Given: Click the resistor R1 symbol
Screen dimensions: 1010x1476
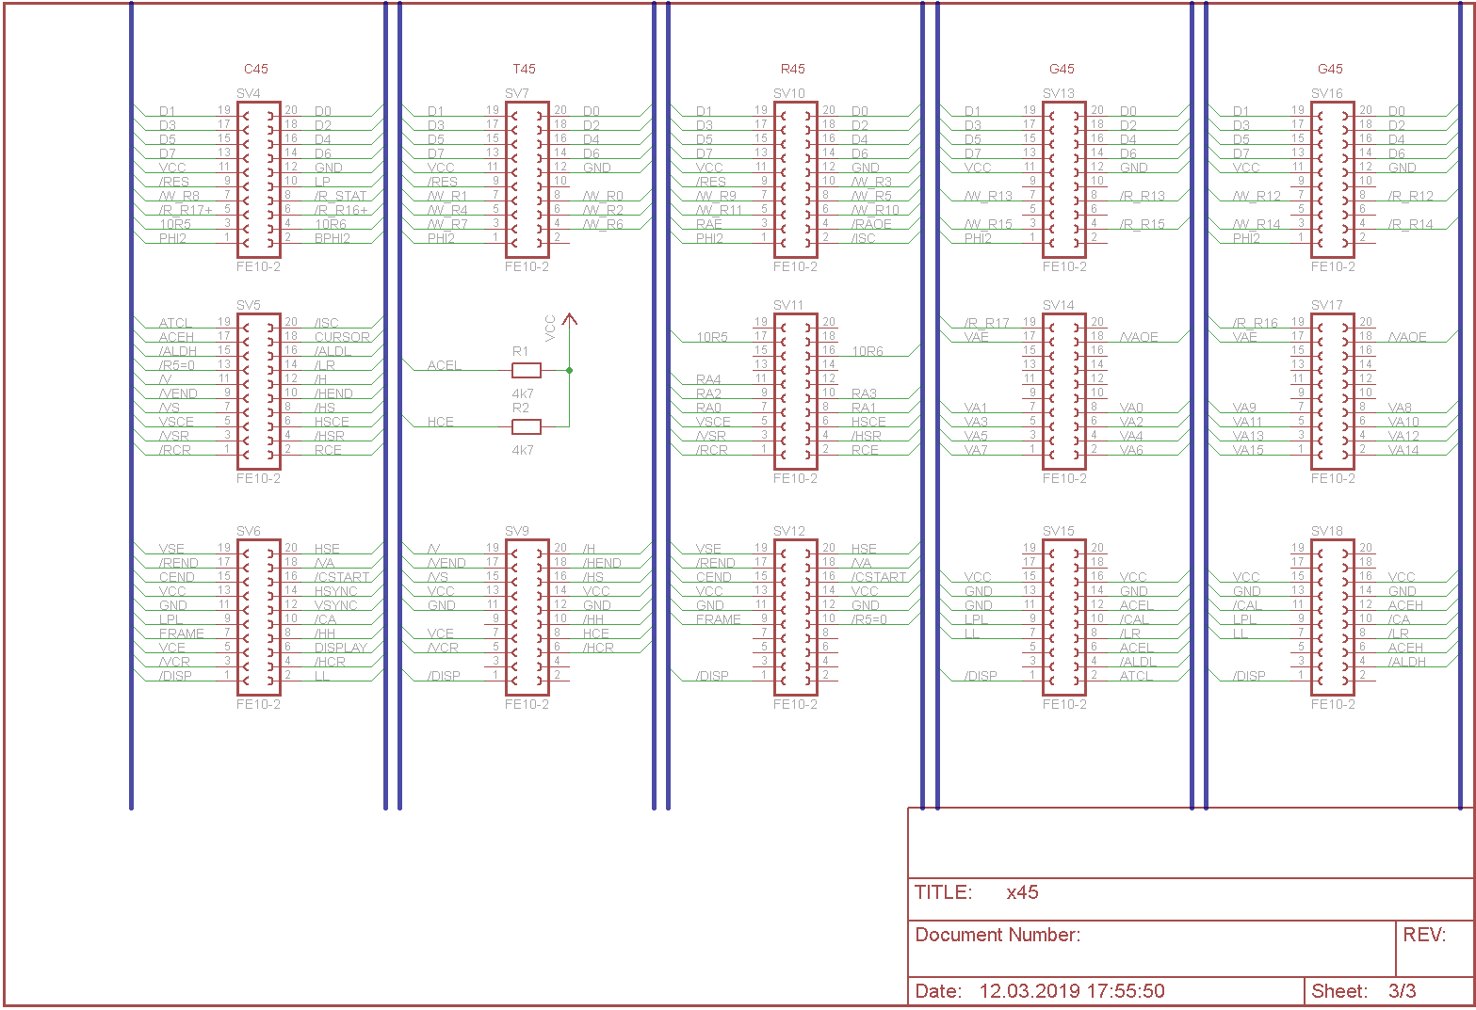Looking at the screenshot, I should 526,370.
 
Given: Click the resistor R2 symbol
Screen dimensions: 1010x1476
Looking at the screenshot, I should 526,426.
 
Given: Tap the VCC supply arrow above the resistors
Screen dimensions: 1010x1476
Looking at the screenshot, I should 569,320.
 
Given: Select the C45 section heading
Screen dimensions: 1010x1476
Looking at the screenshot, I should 255,69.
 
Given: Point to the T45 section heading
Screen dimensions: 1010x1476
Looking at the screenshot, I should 524,69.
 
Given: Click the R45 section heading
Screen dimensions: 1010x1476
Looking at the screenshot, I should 792,69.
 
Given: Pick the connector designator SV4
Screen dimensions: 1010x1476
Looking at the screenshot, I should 249,93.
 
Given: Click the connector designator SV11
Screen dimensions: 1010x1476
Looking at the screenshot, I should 788,305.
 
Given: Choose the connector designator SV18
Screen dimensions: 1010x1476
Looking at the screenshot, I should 1326,531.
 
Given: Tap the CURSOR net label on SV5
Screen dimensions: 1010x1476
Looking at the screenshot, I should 342,337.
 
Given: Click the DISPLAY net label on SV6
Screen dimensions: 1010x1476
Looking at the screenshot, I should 340,648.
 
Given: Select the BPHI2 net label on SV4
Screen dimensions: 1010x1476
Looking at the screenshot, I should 332,238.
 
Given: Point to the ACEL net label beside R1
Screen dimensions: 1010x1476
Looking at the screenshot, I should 445,365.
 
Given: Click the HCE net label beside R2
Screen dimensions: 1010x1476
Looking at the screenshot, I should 440,422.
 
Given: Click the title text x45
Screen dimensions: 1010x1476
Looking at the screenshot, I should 1022,892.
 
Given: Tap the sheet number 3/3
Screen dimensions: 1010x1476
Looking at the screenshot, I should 1402,990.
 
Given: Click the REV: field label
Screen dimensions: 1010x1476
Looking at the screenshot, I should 1424,935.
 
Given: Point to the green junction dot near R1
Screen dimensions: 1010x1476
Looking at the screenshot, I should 569,370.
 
